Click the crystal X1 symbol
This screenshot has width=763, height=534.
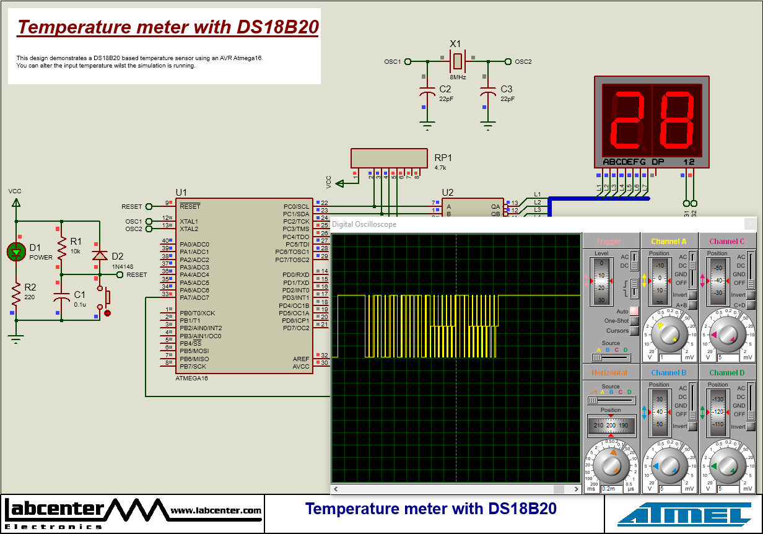coord(457,61)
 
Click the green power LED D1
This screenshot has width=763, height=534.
coord(16,251)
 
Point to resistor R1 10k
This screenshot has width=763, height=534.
coord(61,247)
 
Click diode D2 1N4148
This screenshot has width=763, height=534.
coord(99,255)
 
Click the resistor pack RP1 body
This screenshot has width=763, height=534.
coord(389,158)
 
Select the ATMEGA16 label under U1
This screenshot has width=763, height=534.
coord(192,378)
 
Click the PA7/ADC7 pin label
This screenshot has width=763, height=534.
coord(194,298)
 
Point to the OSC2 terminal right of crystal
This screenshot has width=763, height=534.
coord(508,61)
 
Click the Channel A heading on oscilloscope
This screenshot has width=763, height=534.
coord(668,242)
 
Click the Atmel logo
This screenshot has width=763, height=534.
coord(684,514)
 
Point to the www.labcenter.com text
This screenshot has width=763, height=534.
coord(216,510)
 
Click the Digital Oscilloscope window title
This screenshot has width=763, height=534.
coord(364,224)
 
